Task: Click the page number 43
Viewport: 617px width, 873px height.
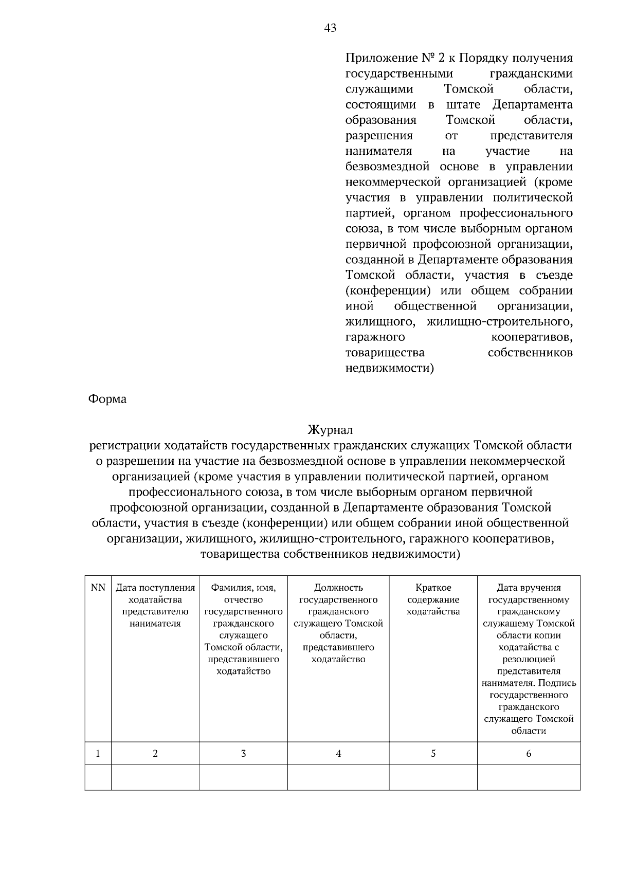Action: coord(330,28)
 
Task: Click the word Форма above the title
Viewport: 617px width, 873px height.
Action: coord(107,399)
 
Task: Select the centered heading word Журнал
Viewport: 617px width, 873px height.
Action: coord(330,429)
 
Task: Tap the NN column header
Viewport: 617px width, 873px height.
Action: coord(98,588)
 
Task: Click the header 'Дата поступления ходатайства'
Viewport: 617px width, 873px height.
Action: coord(155,606)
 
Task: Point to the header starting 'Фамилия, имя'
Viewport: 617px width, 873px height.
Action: coord(243,629)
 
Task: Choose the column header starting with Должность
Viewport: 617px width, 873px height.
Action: coord(338,623)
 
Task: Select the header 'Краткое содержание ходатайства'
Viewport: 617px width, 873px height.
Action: coord(433,599)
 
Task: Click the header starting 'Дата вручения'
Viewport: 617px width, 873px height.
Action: coord(529,659)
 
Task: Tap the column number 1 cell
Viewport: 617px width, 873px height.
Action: coord(98,754)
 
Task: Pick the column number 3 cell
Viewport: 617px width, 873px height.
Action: coord(243,754)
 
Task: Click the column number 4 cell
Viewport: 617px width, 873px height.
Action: coord(338,754)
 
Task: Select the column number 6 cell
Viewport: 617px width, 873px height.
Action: coord(529,754)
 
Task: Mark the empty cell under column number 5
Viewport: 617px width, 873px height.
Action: coord(433,777)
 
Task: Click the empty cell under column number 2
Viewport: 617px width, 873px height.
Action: coord(155,777)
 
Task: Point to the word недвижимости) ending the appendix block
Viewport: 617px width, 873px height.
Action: coord(390,369)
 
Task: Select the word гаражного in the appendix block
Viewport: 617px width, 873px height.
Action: coord(375,338)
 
